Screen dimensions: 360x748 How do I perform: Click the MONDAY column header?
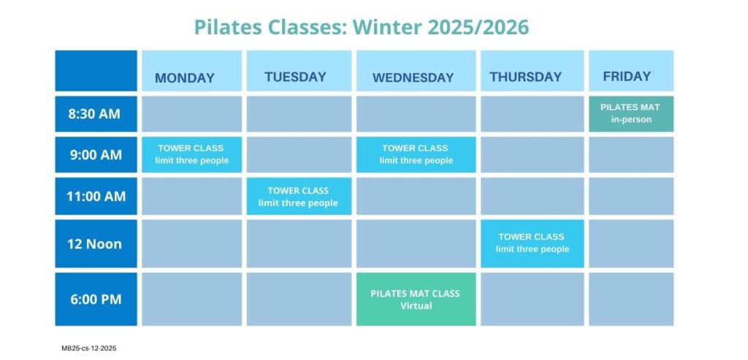coord(185,78)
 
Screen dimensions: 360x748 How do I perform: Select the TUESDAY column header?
coord(295,77)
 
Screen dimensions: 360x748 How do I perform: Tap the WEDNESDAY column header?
coord(413,77)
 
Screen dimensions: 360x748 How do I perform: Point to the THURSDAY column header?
coord(526,77)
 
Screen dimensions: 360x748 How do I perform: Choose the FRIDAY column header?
coord(627,76)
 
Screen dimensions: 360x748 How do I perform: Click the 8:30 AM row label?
coord(94,114)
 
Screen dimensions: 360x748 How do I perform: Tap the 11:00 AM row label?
coord(96,196)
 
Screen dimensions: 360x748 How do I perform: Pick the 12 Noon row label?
coord(94,244)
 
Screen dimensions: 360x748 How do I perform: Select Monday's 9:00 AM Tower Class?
coord(191,155)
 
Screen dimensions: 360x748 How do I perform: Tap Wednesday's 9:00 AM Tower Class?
coord(416,155)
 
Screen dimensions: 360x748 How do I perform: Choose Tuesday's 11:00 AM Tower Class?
coord(299,196)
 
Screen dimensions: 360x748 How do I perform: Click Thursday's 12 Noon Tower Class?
coord(532,243)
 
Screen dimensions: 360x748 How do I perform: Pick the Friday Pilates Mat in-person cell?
coord(630,114)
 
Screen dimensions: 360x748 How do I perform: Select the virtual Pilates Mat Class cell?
coord(416,299)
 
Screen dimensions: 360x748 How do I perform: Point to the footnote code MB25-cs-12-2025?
coord(89,349)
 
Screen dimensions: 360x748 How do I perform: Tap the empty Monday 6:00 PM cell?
coord(191,299)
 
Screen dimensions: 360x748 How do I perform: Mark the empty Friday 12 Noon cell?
coord(630,244)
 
